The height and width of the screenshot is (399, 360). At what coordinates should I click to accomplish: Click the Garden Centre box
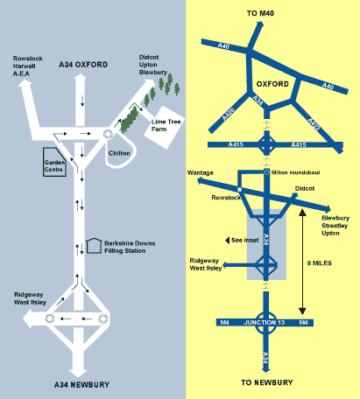point(54,162)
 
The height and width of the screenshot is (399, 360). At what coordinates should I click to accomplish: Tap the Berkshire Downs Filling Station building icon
point(94,246)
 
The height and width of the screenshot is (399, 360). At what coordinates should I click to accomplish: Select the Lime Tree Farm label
point(166,125)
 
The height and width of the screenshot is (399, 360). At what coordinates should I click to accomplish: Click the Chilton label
point(119,153)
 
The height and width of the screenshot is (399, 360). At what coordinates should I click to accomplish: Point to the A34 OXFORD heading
point(83,65)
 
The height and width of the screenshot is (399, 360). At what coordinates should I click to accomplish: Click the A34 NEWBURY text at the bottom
point(82,385)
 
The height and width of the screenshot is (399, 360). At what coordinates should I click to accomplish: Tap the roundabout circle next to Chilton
point(108,134)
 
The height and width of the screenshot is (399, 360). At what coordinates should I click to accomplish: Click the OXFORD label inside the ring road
point(272,84)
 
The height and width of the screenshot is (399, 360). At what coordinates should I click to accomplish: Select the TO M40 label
point(260,13)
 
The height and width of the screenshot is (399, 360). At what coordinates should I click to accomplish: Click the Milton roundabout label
point(295,172)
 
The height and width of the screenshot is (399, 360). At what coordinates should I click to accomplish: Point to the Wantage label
point(201,172)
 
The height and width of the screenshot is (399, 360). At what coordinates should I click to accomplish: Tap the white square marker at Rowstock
point(239,190)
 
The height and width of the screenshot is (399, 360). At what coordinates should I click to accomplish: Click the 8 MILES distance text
point(320,263)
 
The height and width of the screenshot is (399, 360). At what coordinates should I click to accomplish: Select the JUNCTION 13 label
point(265,323)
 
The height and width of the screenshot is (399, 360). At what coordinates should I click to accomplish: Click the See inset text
point(245,241)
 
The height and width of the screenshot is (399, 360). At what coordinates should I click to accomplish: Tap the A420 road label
point(229,115)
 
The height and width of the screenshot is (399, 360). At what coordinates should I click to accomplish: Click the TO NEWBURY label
point(267,382)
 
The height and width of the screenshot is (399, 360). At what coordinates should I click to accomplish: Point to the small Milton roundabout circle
point(266,172)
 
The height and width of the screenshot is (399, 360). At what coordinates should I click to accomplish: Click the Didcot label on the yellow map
point(305,188)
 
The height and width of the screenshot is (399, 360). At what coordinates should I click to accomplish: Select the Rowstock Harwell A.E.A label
point(28,66)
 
